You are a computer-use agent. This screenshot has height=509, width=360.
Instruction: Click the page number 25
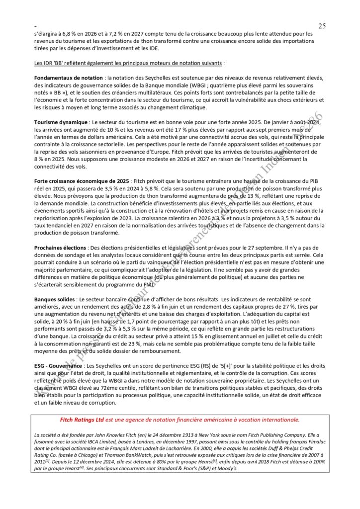coord(322,26)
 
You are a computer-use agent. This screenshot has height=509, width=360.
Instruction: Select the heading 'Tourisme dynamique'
coord(61,122)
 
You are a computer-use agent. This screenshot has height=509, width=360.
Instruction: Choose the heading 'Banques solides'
coord(55,300)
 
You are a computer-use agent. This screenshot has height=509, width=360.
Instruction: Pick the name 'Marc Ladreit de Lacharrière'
coord(158,448)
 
